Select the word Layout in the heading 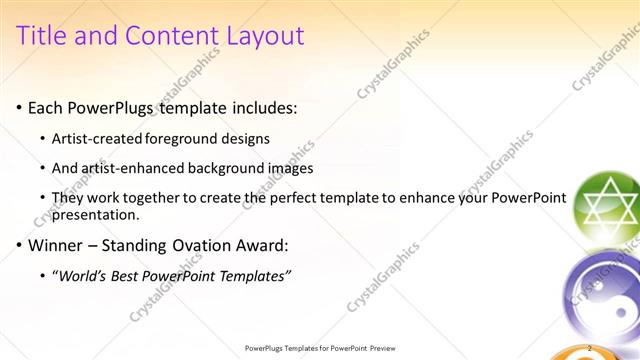point(262,37)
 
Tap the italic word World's point(86,275)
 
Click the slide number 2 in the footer point(592,348)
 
